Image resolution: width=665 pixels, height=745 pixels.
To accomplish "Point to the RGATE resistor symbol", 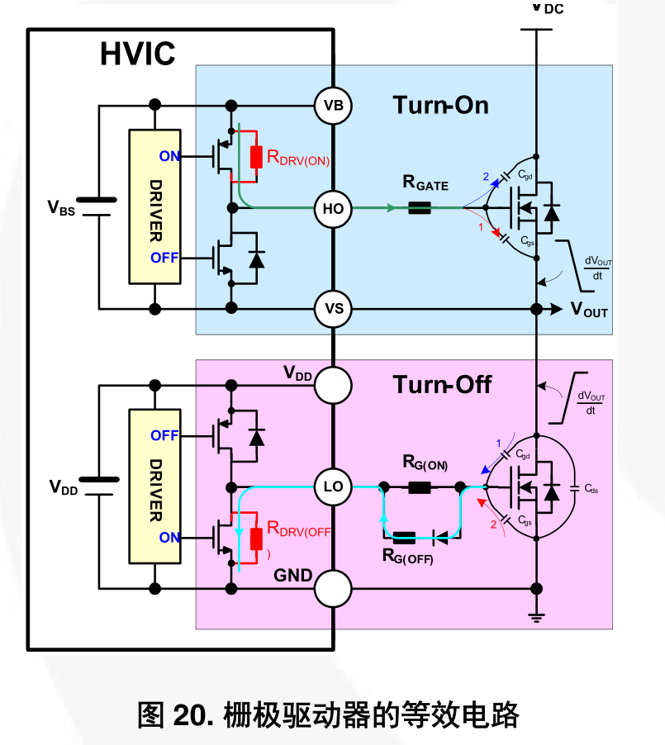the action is [420, 207].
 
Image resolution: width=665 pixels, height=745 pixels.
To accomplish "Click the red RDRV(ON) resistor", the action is [256, 157].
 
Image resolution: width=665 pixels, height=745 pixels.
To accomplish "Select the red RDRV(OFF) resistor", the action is [256, 539].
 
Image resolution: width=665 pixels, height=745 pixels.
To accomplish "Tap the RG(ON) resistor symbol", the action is [420, 487].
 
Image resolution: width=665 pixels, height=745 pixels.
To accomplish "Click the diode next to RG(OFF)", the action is [440, 538].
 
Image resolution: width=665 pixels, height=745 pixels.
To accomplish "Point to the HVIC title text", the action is [137, 53].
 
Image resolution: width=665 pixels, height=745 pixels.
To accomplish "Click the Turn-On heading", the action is [440, 105].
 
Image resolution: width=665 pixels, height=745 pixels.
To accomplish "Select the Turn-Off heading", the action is [442, 384].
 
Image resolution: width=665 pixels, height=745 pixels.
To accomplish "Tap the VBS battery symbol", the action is [97, 207].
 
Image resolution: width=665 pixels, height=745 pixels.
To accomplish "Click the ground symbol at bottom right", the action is [536, 617].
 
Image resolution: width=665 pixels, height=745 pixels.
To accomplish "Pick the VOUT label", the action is [590, 309].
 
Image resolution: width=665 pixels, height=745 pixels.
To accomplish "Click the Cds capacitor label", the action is [591, 488].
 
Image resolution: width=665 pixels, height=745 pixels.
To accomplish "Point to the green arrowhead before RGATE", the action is [390, 207].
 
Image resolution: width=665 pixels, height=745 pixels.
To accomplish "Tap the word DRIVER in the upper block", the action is [156, 211].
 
